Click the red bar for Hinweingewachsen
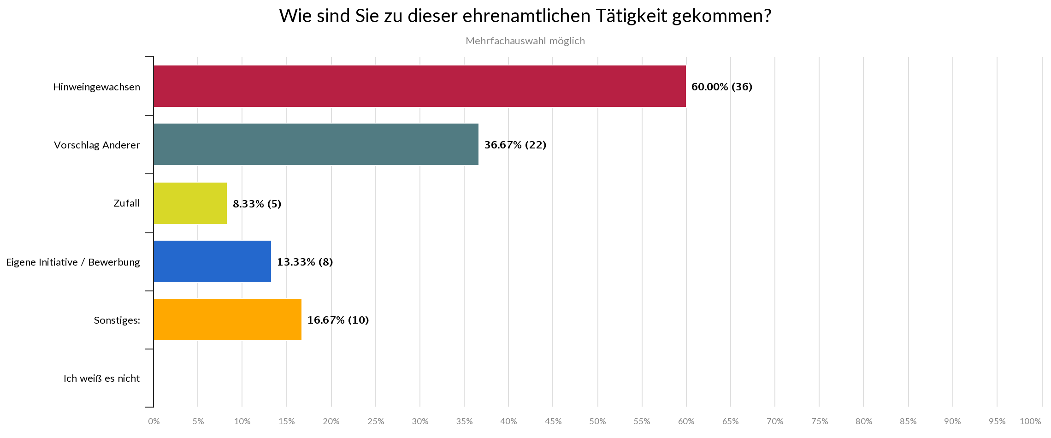419,86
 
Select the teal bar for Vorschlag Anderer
316,144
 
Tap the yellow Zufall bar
190,203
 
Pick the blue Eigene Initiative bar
212,261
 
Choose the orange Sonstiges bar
227,320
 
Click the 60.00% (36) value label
721,87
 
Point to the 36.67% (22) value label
515,145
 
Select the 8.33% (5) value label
257,203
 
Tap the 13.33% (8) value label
305,262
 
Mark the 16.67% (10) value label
338,320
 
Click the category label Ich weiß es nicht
101,379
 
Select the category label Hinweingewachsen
96,87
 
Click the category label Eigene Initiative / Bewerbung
73,262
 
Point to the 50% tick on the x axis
597,421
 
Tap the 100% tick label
1030,421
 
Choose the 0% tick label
154,421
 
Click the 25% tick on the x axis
376,421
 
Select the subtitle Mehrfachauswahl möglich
525,41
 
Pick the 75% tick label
819,421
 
